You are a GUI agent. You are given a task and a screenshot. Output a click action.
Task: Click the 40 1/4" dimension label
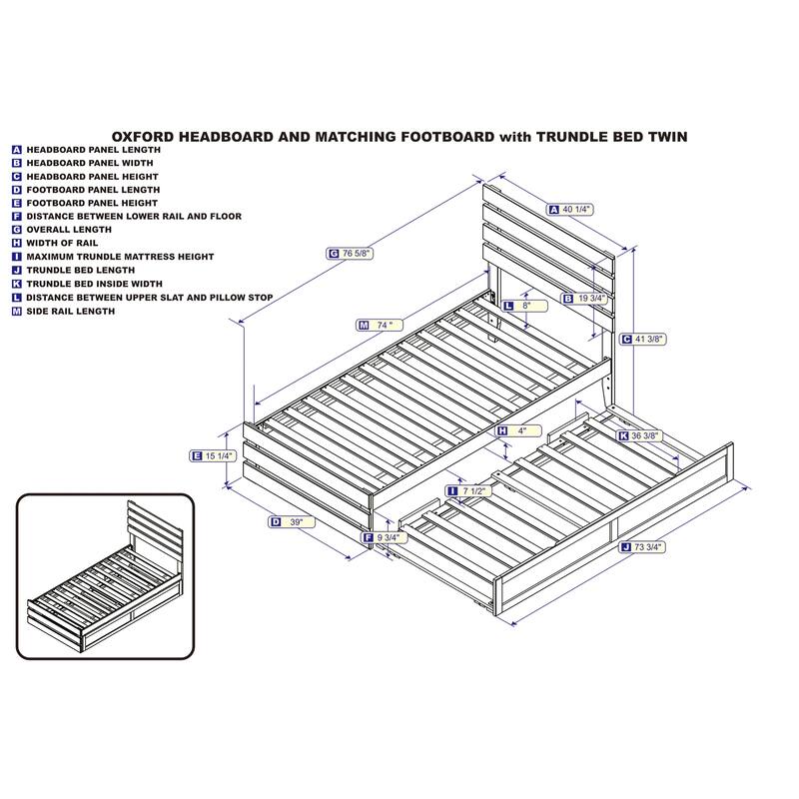tap(570, 209)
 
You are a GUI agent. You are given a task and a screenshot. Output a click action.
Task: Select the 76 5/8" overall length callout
tap(350, 254)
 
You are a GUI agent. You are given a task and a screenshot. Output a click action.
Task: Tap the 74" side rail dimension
tap(380, 326)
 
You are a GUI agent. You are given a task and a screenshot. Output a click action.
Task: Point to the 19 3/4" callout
tap(584, 298)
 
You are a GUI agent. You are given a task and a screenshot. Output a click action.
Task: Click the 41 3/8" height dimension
tap(643, 339)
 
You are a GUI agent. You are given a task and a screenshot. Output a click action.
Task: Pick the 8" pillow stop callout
tap(525, 306)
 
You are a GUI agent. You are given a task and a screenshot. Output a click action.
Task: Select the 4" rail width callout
tap(518, 431)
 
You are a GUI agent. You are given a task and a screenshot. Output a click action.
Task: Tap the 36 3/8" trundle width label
tap(639, 436)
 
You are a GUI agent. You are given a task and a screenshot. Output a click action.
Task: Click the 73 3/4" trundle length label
tap(642, 547)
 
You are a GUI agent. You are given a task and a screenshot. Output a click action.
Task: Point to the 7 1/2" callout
tap(468, 491)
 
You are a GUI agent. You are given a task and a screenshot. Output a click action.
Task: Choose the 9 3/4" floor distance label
tap(384, 537)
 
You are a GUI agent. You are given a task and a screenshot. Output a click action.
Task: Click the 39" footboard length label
tap(292, 521)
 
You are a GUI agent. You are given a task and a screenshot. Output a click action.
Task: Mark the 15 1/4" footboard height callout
tap(213, 456)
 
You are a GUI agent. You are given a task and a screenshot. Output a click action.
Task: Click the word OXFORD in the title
tap(143, 137)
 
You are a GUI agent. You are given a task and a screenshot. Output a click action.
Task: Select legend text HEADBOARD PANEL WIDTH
tap(90, 163)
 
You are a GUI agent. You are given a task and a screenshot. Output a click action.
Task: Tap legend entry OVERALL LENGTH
tap(69, 230)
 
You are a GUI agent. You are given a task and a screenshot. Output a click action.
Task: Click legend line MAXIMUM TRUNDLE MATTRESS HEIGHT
tap(120, 257)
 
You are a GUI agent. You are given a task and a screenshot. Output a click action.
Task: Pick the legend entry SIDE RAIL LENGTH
tap(71, 312)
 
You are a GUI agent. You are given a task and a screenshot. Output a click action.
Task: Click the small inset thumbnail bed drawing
tap(106, 576)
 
